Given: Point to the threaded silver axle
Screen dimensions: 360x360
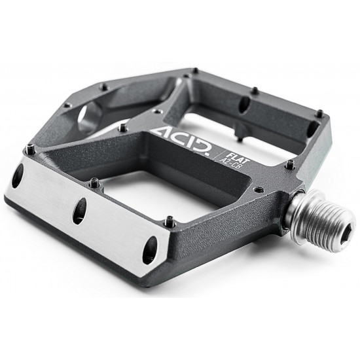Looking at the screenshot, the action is [320, 221].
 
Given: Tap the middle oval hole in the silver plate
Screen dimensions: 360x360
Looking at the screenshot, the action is [79, 211].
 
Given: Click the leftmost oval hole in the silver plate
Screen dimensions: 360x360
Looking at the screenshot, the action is [18, 175].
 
